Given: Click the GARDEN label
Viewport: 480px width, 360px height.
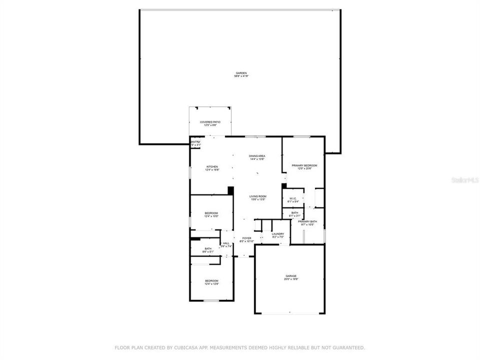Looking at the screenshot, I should pos(241,73).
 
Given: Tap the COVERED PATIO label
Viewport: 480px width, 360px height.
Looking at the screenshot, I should pos(210,122).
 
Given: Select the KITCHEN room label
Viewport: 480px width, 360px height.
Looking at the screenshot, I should pos(212,166).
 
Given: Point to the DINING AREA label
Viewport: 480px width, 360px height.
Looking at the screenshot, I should pos(257,156).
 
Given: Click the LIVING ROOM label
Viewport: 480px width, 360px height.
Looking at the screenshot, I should pos(258,196).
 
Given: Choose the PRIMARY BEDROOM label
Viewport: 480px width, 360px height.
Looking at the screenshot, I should pos(304,165).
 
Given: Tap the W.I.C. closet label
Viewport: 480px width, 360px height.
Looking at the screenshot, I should pos(293,198).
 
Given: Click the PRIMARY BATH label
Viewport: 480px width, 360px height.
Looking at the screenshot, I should pos(307,221).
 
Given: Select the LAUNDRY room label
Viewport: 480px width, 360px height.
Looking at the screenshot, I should pos(278,233).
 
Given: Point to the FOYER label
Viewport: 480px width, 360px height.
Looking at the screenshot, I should pos(247,238).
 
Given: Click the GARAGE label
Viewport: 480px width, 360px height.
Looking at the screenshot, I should pos(291,276).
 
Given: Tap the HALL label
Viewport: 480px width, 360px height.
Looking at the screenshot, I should pos(226,243).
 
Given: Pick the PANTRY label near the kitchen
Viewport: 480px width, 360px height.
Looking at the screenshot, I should pos(195,142).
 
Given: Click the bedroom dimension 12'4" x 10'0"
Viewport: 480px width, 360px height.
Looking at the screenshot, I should pos(211,217).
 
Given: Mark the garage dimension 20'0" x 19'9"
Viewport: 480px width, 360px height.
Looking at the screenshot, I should pos(291,279).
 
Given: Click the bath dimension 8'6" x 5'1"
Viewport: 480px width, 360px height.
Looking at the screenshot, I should pos(208,251).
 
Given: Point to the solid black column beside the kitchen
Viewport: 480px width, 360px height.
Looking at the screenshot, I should pos(230,190).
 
